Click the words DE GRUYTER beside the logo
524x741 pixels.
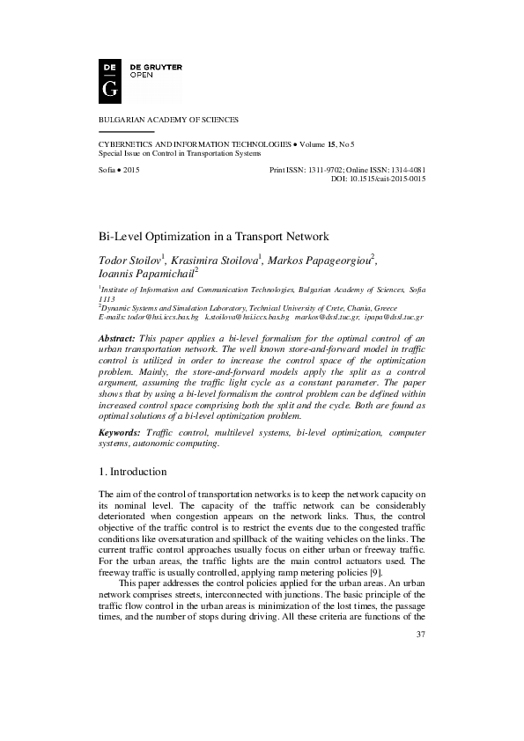click(156, 67)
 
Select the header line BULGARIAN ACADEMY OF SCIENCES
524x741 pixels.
click(167, 119)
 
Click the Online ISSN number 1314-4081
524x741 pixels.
click(405, 169)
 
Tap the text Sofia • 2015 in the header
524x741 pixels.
click(119, 169)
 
